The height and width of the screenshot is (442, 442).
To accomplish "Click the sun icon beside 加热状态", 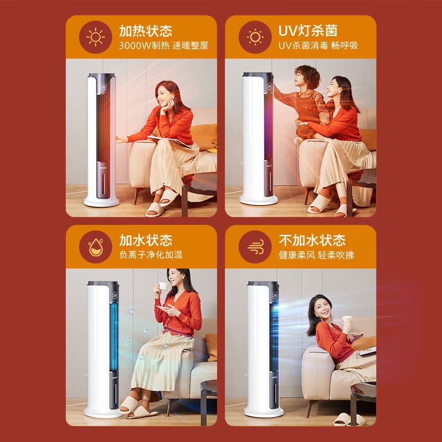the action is click(x=96, y=37).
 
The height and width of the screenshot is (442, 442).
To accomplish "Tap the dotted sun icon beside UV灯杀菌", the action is click(x=255, y=37).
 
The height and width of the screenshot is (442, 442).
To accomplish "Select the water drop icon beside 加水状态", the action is click(x=96, y=247).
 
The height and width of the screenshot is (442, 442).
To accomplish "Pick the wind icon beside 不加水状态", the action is click(x=256, y=247).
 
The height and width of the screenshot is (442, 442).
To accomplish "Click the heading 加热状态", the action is click(x=145, y=31).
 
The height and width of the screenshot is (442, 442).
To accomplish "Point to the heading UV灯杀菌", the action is click(x=308, y=31).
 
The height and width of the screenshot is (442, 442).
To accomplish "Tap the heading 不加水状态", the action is click(x=312, y=240).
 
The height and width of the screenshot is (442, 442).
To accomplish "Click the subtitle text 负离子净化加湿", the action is click(x=151, y=255).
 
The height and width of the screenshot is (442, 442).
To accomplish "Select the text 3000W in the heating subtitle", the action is click(x=135, y=46).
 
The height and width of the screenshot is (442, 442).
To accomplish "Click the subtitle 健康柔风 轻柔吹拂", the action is click(x=316, y=255).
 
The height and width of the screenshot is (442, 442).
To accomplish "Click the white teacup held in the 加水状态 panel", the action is click(x=164, y=286).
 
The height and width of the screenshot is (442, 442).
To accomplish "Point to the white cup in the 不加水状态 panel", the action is click(x=347, y=319).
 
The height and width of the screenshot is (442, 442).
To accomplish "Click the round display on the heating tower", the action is click(x=103, y=86).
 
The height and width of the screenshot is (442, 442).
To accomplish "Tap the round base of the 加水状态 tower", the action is click(x=102, y=412).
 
